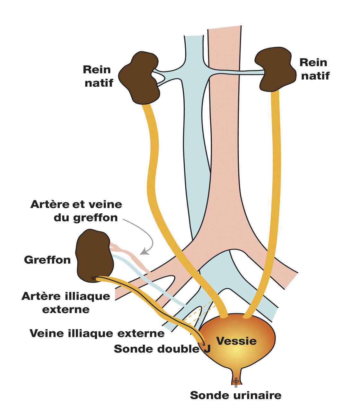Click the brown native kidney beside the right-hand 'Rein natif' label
tap(276, 69)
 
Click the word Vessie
tap(237, 341)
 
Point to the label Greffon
tap(47, 260)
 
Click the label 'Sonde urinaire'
tap(236, 395)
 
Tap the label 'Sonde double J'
tap(162, 349)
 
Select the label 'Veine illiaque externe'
tap(97, 333)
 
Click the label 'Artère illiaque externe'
tap(66, 303)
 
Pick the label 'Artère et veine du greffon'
tap(76, 211)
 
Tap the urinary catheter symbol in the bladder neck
tap(236, 381)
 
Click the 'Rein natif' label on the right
tap(314, 69)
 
